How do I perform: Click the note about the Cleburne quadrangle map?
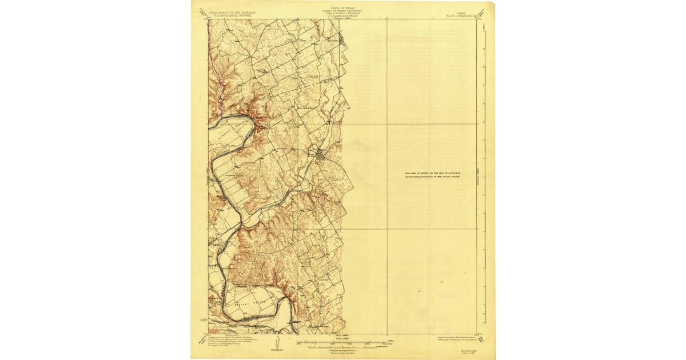(x=432, y=174)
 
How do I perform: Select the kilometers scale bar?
(x=342, y=347)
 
